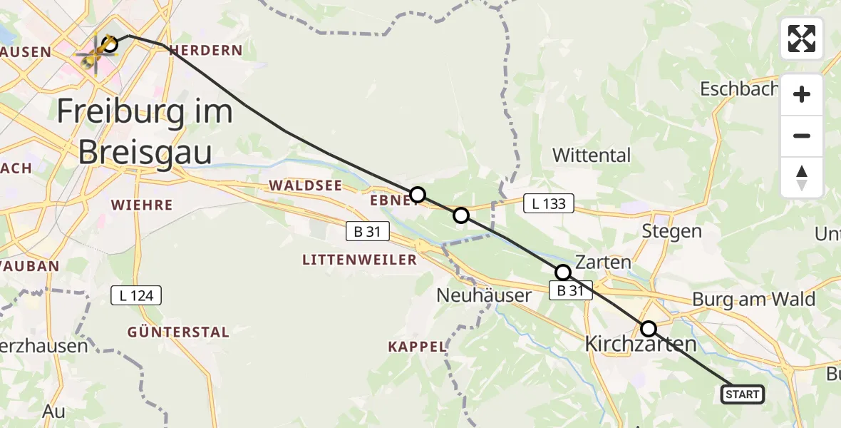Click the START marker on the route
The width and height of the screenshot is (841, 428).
pos(743,394)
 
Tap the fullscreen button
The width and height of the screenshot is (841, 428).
pos(802,39)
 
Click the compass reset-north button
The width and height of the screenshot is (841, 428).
pos(802,178)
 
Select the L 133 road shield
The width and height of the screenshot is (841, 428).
pos(549,204)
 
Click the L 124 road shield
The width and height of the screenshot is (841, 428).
pos(137,295)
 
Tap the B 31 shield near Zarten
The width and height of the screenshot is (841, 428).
pos(570,290)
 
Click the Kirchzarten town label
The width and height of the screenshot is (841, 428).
pos(640,344)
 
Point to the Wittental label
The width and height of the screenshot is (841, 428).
pos(592,155)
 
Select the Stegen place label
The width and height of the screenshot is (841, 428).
pos(671,231)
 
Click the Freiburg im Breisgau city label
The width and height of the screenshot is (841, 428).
pos(144,132)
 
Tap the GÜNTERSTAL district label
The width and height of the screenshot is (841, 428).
pos(178,332)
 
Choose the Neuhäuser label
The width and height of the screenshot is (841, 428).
pos(483,295)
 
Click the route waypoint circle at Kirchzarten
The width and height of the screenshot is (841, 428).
pos(649,329)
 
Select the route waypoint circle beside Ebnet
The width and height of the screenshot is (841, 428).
pos(418,195)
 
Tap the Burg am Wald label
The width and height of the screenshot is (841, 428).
pos(753,300)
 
